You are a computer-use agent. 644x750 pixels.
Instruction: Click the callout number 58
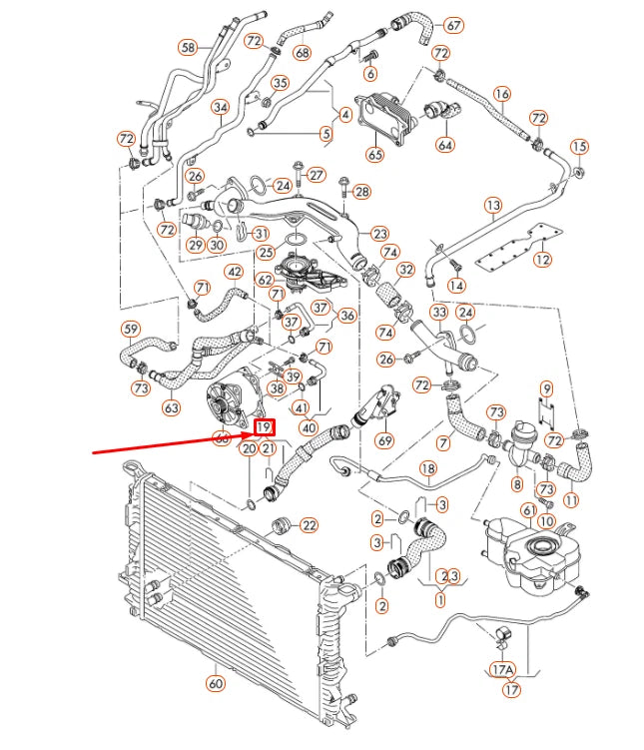click(188, 46)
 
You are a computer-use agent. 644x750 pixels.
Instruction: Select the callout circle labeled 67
click(454, 24)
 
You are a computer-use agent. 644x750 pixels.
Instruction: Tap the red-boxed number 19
click(263, 427)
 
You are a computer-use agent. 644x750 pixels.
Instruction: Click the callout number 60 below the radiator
click(215, 684)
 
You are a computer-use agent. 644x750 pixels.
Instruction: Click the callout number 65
click(374, 155)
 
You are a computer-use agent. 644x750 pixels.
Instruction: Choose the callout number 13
click(493, 206)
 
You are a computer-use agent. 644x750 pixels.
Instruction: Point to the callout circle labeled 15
click(579, 148)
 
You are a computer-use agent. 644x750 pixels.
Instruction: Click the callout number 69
click(384, 440)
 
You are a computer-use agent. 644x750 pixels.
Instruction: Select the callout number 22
click(309, 525)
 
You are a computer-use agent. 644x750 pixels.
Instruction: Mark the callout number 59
click(131, 329)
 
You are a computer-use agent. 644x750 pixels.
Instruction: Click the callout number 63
click(171, 406)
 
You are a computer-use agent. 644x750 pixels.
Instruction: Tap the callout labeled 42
click(234, 272)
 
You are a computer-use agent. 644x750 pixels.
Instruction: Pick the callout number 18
click(427, 468)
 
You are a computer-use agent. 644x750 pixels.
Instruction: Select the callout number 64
click(444, 145)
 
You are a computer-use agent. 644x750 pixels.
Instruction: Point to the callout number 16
click(502, 95)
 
